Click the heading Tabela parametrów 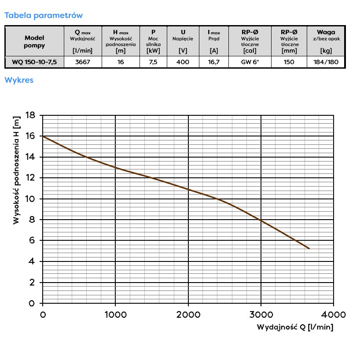43,15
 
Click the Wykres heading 18,80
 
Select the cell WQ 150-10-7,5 34,62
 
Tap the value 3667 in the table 82,62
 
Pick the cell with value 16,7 214,62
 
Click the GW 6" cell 250,62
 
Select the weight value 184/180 327,62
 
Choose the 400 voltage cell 183,62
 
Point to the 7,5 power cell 153,62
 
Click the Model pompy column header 34,41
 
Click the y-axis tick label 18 30,115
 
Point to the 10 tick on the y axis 30,199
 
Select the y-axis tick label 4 32,261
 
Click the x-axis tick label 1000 115,315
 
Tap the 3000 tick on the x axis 261,315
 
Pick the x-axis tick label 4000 334,315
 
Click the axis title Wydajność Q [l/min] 295,327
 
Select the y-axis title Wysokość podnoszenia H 17,170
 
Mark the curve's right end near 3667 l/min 309,249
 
